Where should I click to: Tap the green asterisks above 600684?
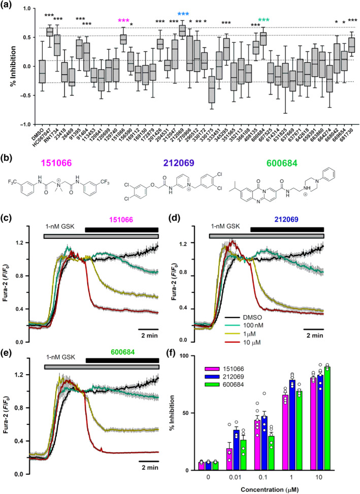click(x=263, y=21)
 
